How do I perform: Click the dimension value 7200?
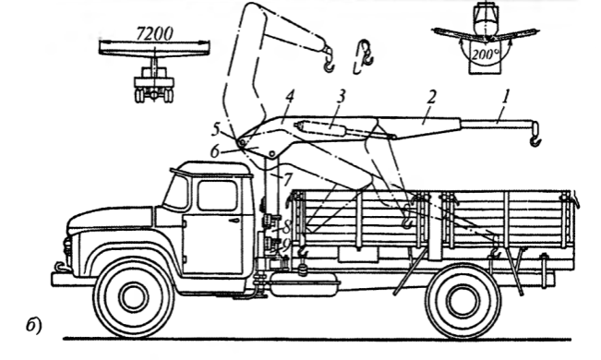tap(154, 34)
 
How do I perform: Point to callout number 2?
tap(431, 97)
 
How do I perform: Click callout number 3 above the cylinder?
tap(342, 97)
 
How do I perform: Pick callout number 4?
tap(290, 97)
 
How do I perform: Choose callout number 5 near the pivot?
tap(216, 129)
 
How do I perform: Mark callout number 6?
tap(215, 151)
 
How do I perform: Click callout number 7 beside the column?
tap(288, 179)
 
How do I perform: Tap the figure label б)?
tap(34, 326)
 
